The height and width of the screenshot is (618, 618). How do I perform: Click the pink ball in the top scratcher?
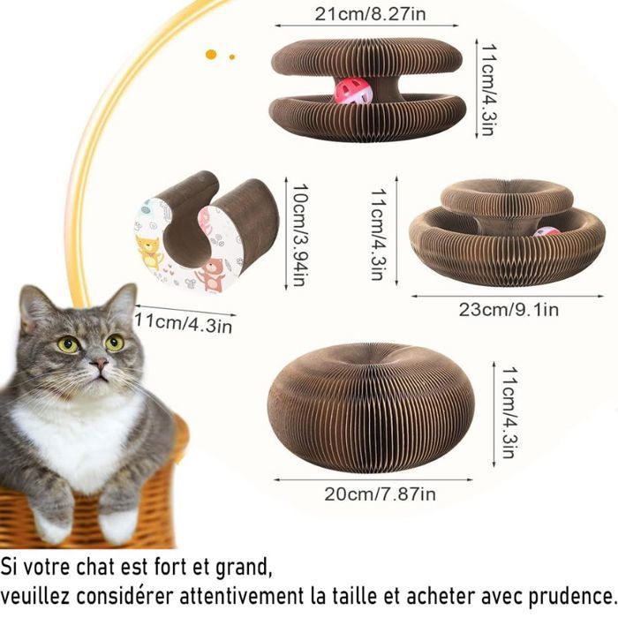352,92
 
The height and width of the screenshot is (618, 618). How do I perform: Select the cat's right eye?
115,342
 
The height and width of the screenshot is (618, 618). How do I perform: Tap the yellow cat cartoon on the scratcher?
148,251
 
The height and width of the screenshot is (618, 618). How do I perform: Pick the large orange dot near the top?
211,54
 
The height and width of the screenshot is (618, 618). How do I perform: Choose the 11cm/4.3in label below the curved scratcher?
184,322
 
